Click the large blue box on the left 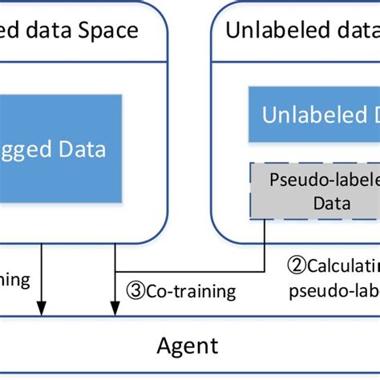click(x=60, y=148)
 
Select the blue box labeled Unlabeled click(x=313, y=114)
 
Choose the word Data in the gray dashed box click(x=331, y=204)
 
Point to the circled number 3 click(x=133, y=290)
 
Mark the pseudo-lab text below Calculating click(x=334, y=289)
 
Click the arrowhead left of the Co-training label click(x=115, y=309)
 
